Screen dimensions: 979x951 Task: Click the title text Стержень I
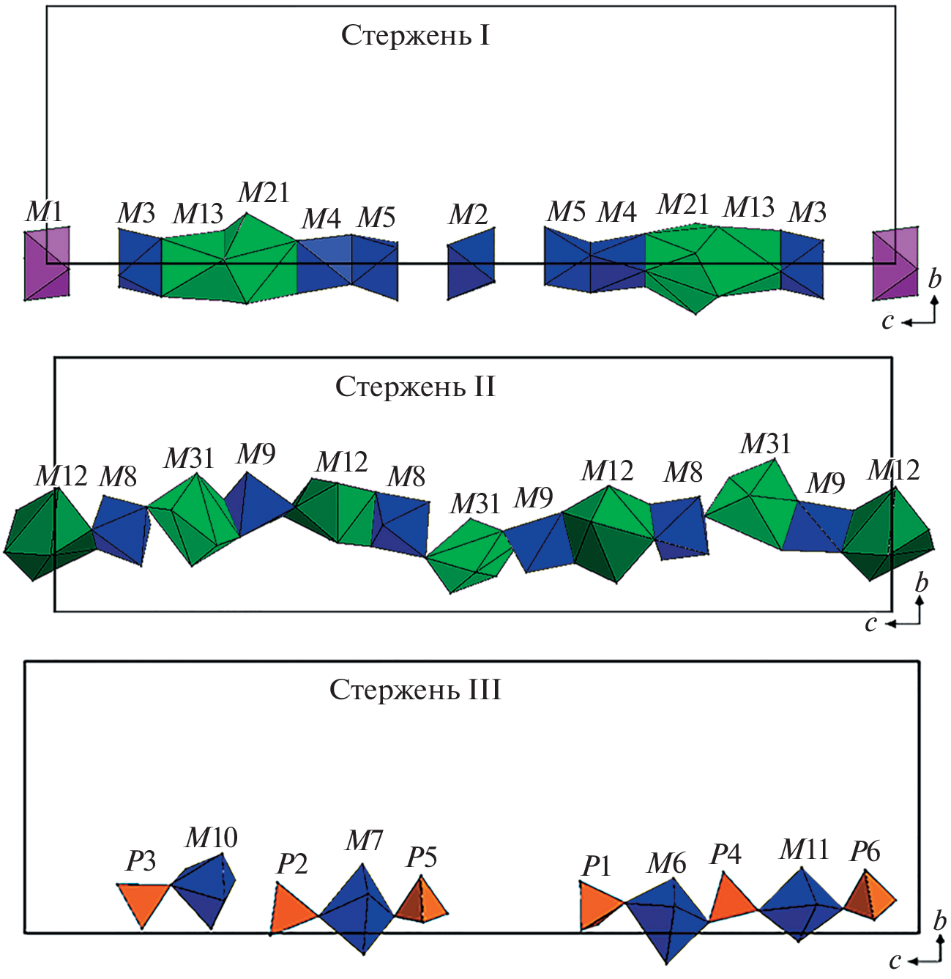point(415,36)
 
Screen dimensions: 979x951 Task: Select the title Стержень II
point(415,387)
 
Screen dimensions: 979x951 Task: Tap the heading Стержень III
point(415,690)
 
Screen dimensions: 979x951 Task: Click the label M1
point(45,212)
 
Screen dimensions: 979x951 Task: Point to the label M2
point(468,215)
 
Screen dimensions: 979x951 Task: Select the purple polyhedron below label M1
point(47,264)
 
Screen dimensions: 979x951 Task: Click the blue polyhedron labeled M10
point(207,887)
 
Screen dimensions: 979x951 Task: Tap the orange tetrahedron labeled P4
point(729,901)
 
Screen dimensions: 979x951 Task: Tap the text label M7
point(364,841)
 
